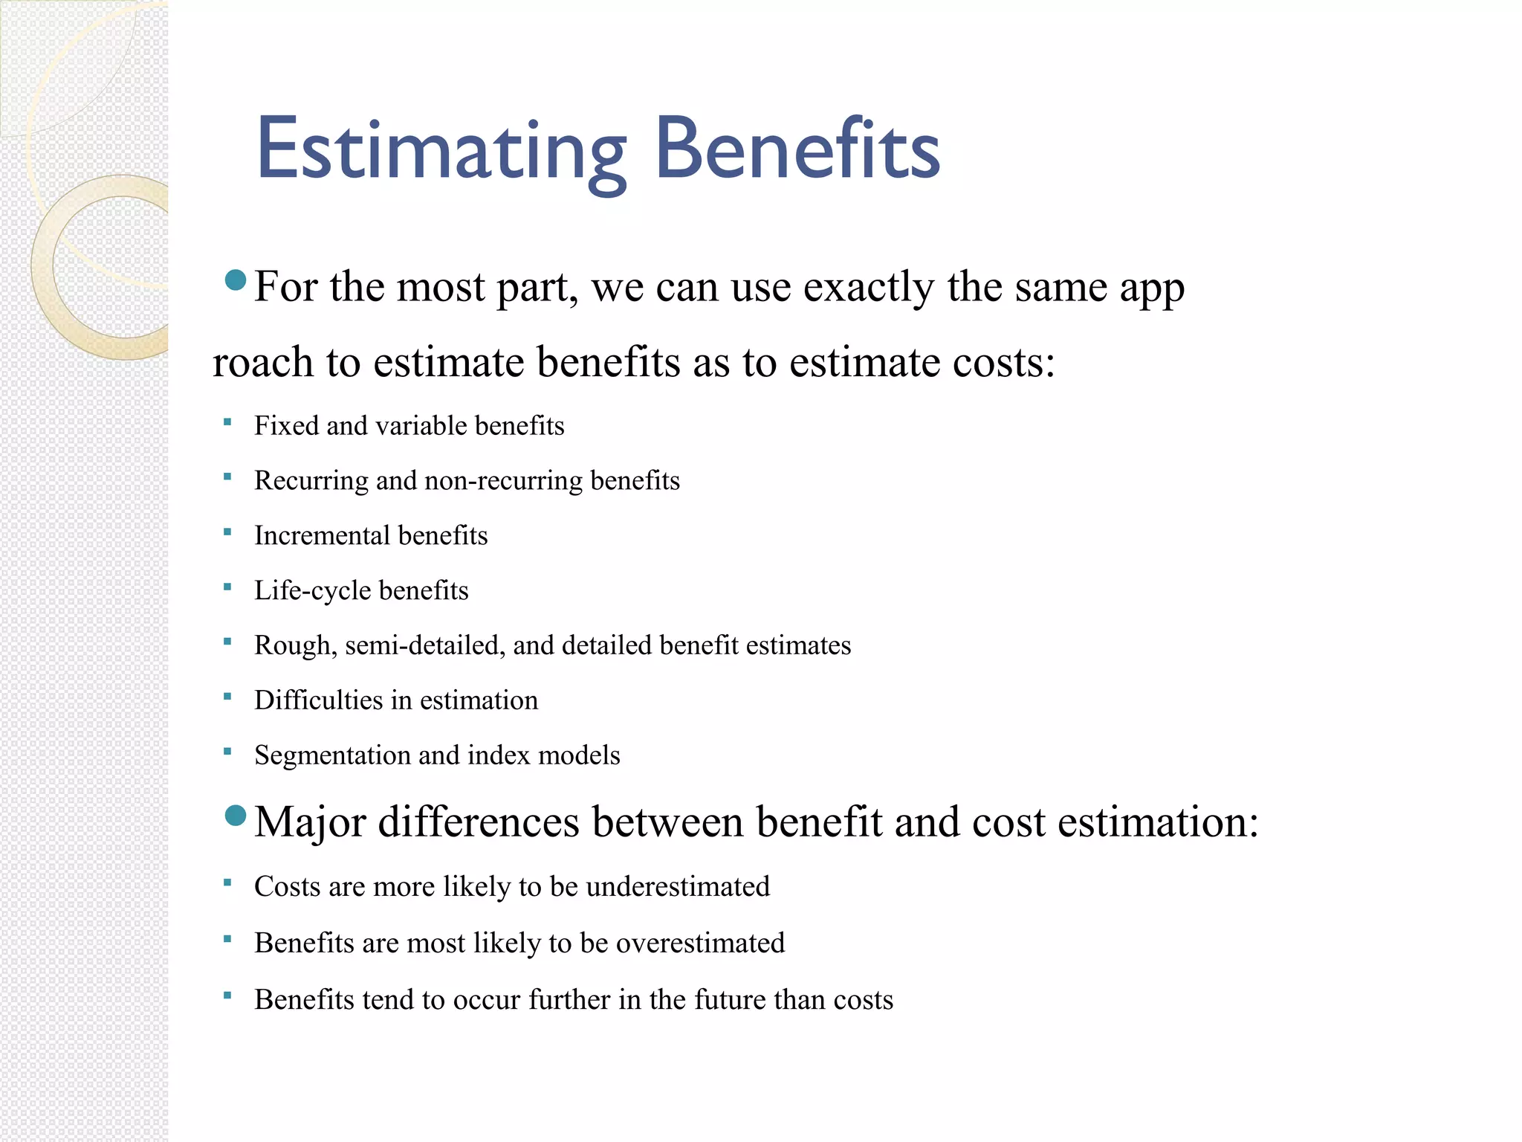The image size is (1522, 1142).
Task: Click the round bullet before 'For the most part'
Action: (235, 280)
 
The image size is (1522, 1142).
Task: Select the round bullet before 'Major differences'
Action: (235, 816)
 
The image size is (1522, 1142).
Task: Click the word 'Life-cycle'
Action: (312, 591)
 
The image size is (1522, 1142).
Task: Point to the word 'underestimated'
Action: (678, 887)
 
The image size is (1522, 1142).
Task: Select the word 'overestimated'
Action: (700, 943)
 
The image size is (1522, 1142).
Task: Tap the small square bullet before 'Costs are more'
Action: (227, 883)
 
